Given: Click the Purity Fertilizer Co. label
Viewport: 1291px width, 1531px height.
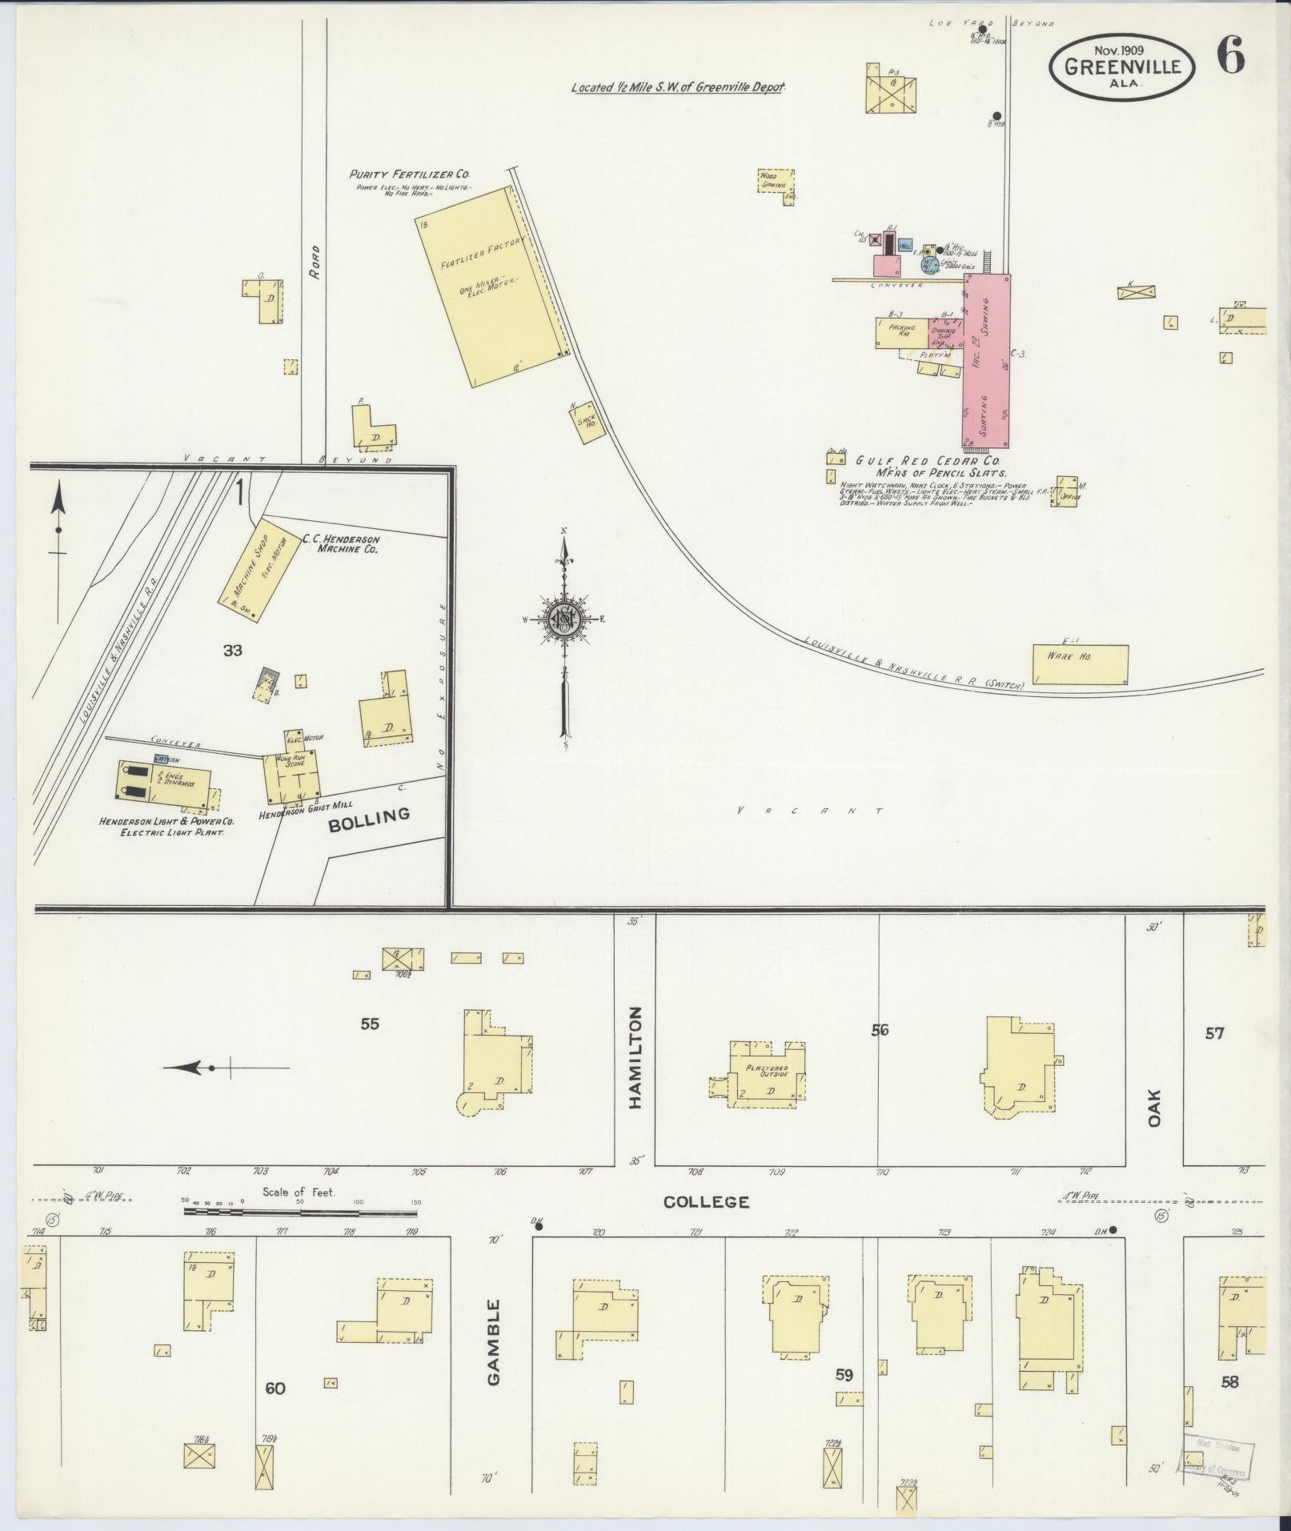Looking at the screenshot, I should tap(409, 174).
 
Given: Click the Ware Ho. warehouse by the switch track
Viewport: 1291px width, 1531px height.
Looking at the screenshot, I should tap(1080, 664).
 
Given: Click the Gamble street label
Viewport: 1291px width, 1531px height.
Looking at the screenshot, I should tap(493, 1332).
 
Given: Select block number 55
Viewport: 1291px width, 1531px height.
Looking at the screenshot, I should tap(369, 1023).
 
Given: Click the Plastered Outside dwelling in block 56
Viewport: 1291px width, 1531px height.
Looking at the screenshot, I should tap(767, 1074).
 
